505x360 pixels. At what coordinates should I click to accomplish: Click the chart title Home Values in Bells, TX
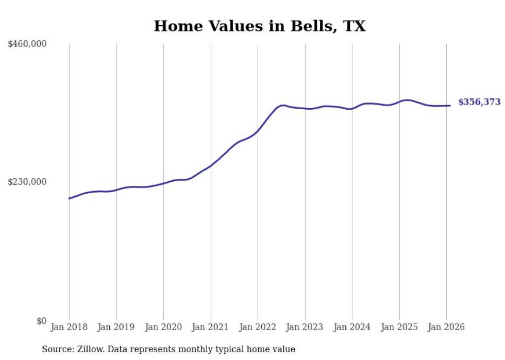pos(259,26)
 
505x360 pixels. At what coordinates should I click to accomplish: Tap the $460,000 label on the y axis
pos(27,44)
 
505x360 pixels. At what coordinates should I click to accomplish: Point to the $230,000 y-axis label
pos(27,182)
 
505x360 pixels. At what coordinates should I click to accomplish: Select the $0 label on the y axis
pos(41,321)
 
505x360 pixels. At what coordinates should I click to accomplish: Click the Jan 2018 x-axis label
pos(69,327)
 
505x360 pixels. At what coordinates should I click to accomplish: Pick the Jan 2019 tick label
pos(116,327)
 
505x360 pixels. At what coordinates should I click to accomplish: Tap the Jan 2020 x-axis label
pos(163,327)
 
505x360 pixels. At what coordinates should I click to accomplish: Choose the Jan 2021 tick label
pos(211,327)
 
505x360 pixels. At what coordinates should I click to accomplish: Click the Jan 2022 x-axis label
pos(258,327)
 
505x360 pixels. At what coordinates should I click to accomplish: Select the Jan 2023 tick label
pos(305,327)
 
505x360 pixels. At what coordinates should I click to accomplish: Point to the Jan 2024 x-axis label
pos(352,327)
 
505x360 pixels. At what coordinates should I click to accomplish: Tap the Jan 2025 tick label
pos(399,327)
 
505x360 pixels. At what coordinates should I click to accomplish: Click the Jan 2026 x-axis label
pos(446,327)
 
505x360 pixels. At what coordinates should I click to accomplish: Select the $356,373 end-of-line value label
pos(479,102)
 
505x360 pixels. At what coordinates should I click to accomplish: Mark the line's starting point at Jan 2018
pos(69,198)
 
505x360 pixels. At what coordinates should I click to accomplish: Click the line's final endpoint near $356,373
pos(450,106)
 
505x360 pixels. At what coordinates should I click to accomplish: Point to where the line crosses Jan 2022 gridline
pos(258,131)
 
